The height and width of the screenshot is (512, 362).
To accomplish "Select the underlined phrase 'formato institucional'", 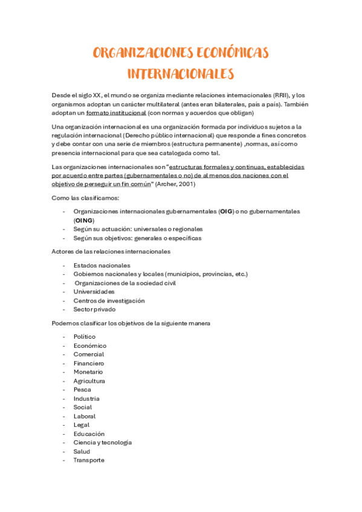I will click(116, 113).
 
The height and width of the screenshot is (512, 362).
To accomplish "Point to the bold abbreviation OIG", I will click(225, 212).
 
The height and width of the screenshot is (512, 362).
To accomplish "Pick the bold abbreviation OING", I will click(85, 220).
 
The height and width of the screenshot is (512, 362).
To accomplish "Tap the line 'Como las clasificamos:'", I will click(85, 198).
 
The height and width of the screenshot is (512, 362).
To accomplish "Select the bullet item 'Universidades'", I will click(94, 292).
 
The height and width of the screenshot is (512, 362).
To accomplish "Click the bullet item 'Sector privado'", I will click(94, 309).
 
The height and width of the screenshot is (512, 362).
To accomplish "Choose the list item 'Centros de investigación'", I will click(109, 301).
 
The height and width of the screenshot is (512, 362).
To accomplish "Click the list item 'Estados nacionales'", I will click(102, 265).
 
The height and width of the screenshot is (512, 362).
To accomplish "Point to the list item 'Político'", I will click(85, 337).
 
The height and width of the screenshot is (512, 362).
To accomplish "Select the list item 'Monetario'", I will click(88, 372).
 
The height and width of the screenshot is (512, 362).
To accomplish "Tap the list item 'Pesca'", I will click(82, 390).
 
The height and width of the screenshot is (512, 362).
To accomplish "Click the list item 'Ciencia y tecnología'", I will click(103, 443).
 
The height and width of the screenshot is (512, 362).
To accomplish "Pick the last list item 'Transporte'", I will click(89, 460).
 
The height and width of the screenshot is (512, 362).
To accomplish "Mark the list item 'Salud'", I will click(82, 452).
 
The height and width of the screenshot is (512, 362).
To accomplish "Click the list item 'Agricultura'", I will click(89, 381).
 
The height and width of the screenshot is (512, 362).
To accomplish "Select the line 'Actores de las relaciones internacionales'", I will click(112, 251).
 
